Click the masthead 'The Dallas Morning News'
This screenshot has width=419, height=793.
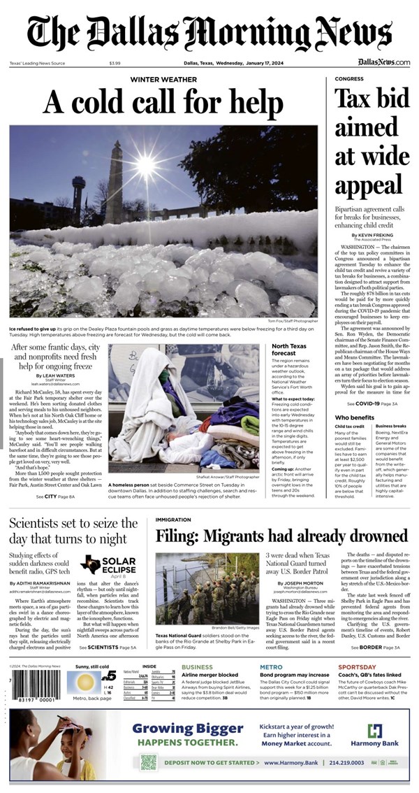[x=209, y=31]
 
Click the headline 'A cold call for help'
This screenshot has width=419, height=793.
[x=163, y=103]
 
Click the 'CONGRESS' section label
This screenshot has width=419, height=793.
[x=349, y=80]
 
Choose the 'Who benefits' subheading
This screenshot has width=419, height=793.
[x=354, y=417]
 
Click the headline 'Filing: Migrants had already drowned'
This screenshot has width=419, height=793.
[x=281, y=536]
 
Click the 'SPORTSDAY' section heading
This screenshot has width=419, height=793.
[x=358, y=667]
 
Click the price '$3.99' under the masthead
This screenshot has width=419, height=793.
[x=115, y=64]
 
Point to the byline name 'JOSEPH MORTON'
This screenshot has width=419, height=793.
[x=304, y=582]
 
